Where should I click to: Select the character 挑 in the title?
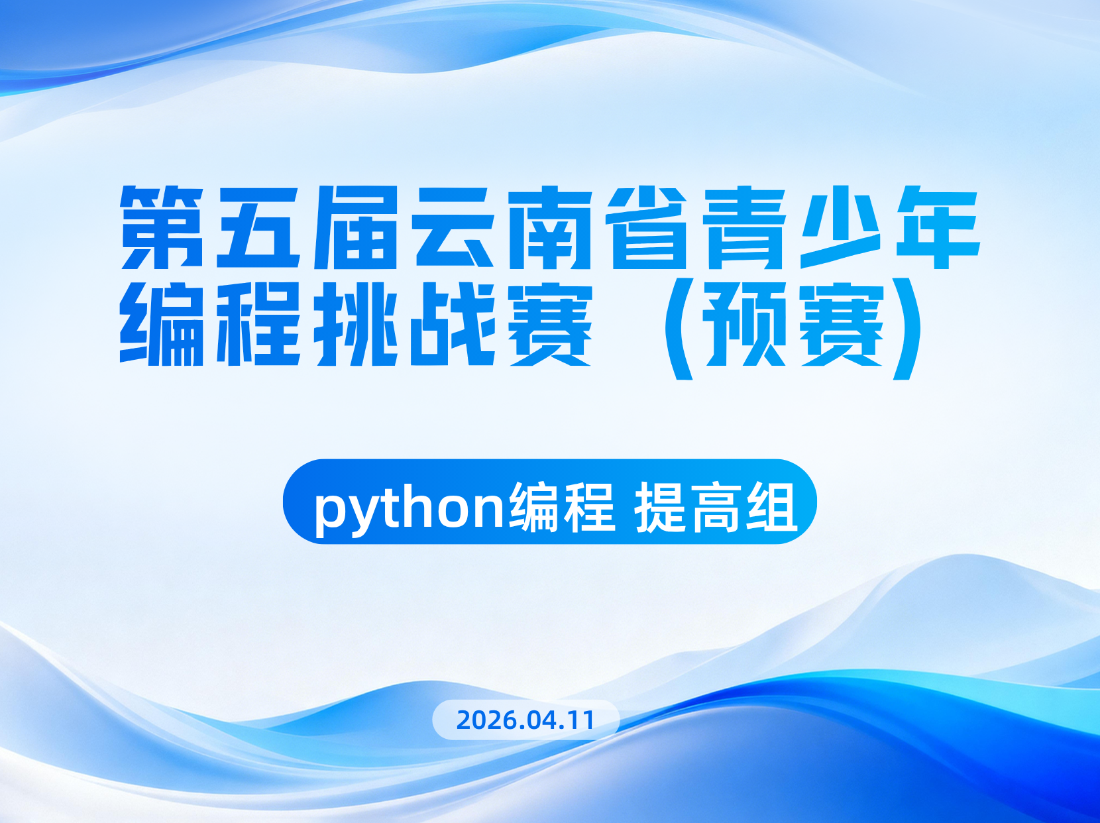pos(356,323)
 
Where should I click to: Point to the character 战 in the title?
pos(453,323)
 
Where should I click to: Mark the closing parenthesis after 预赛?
pos(908,329)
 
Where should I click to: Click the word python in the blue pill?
pos(409,509)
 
